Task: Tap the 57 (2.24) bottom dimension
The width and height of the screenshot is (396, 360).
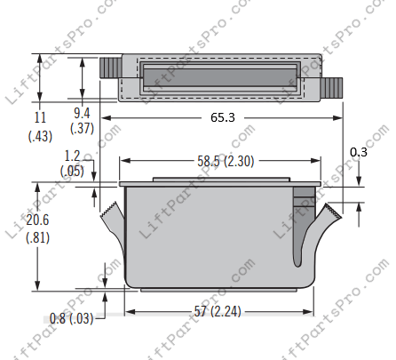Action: point(216,311)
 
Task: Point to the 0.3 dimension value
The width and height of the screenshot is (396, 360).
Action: point(358,152)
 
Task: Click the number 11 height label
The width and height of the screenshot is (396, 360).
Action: point(39,116)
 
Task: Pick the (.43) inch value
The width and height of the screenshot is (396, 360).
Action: point(39,135)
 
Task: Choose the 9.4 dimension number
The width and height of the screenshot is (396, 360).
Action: point(82,113)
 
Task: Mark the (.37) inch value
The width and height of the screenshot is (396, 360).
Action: point(82,129)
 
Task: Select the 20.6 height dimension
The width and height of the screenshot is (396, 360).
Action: point(37,220)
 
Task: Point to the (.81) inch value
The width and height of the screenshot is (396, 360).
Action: point(37,237)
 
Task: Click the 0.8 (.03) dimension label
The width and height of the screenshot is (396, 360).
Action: point(72,317)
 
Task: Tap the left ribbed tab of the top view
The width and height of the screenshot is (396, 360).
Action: point(109,67)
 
